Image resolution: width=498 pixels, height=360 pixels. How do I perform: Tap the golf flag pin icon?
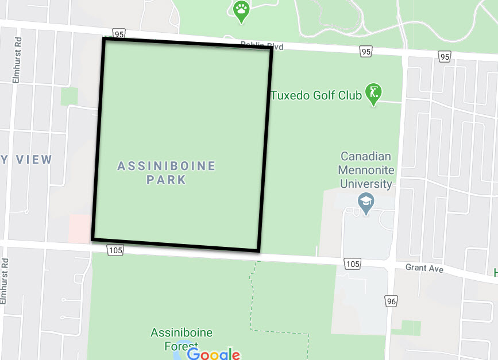click(x=374, y=94)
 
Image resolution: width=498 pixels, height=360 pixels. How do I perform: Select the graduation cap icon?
click(x=365, y=203)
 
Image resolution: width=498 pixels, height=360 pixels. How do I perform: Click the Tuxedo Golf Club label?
click(x=316, y=95)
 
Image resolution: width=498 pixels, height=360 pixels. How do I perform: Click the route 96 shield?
click(x=392, y=301)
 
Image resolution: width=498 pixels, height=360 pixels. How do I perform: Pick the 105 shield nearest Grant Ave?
click(x=352, y=263)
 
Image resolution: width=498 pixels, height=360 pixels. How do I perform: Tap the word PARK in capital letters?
click(x=166, y=180)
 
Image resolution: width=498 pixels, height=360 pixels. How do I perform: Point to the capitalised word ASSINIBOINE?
click(x=167, y=166)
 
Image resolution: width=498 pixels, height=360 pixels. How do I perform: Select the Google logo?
click(x=213, y=354)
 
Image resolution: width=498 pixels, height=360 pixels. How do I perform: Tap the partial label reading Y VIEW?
click(x=26, y=160)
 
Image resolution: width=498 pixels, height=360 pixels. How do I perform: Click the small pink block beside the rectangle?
click(x=79, y=228)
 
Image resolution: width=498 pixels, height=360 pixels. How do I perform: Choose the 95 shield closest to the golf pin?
click(x=366, y=52)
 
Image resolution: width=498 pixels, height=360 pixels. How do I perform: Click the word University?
click(x=365, y=184)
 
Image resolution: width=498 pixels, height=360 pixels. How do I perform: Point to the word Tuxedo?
click(x=291, y=95)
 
